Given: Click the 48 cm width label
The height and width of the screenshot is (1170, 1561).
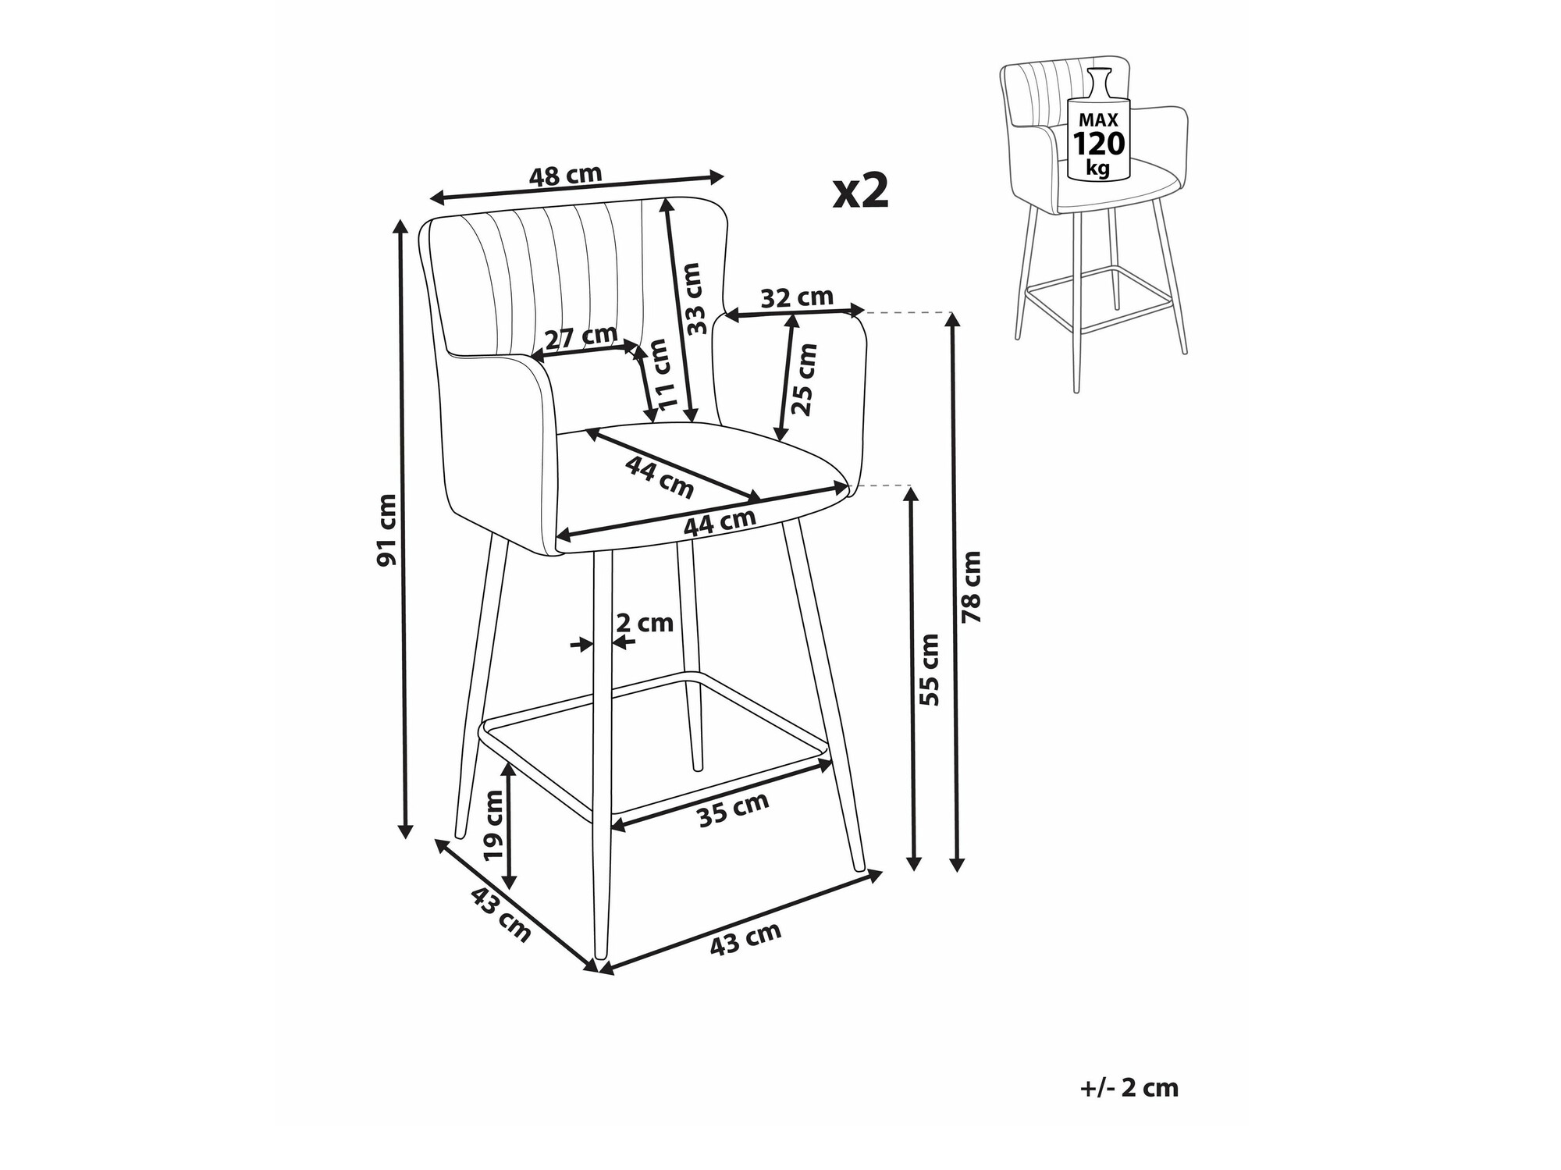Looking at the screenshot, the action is click(566, 175).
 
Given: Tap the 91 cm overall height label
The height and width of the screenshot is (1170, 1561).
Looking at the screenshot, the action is click(387, 530).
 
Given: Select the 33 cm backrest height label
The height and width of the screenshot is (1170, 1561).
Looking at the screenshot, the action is click(692, 299).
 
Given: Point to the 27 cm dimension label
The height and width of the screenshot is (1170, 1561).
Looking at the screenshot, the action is click(581, 338).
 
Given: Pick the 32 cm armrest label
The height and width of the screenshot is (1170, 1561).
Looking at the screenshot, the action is click(797, 297).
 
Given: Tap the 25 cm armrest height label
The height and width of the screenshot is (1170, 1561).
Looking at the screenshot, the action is click(805, 379).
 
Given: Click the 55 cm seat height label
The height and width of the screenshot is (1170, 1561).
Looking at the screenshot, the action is click(929, 670).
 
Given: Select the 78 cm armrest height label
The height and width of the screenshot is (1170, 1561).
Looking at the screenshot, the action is click(972, 587).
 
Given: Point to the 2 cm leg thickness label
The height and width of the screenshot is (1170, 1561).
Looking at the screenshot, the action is click(645, 623).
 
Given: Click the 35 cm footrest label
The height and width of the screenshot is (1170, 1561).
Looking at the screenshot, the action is click(733, 809).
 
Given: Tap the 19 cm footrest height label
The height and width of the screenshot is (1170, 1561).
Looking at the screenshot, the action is click(493, 824).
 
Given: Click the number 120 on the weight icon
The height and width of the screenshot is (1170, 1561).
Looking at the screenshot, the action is click(1099, 144).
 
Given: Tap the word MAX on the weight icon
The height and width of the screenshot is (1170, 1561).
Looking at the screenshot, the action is click(1099, 119).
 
